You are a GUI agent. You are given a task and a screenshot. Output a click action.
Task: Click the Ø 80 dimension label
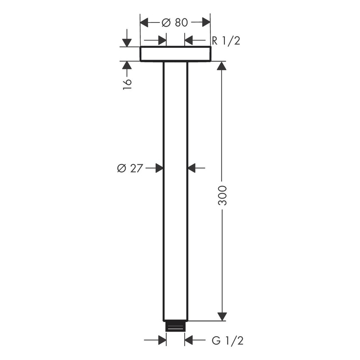click(x=175, y=23)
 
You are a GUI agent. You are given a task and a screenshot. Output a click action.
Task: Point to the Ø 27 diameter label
click(x=130, y=168)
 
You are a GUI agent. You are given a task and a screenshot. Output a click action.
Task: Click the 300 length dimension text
click(x=222, y=195)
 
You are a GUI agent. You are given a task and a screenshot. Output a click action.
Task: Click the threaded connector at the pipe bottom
click(x=175, y=326)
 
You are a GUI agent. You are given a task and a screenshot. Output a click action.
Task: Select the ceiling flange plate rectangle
click(x=175, y=54)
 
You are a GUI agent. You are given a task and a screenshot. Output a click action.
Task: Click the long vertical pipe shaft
click(x=175, y=191)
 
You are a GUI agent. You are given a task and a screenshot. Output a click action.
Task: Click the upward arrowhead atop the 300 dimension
click(x=222, y=66)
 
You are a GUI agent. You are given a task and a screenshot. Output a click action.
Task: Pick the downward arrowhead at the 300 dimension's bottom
click(x=222, y=316)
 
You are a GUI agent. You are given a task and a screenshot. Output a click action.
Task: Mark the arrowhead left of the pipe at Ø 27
click(x=159, y=168)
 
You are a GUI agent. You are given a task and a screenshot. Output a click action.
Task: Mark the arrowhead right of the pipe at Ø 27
click(x=192, y=168)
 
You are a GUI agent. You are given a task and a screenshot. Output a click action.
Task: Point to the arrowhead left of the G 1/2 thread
click(x=161, y=340)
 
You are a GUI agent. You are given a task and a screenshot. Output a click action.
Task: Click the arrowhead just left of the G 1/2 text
click(x=189, y=340)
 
